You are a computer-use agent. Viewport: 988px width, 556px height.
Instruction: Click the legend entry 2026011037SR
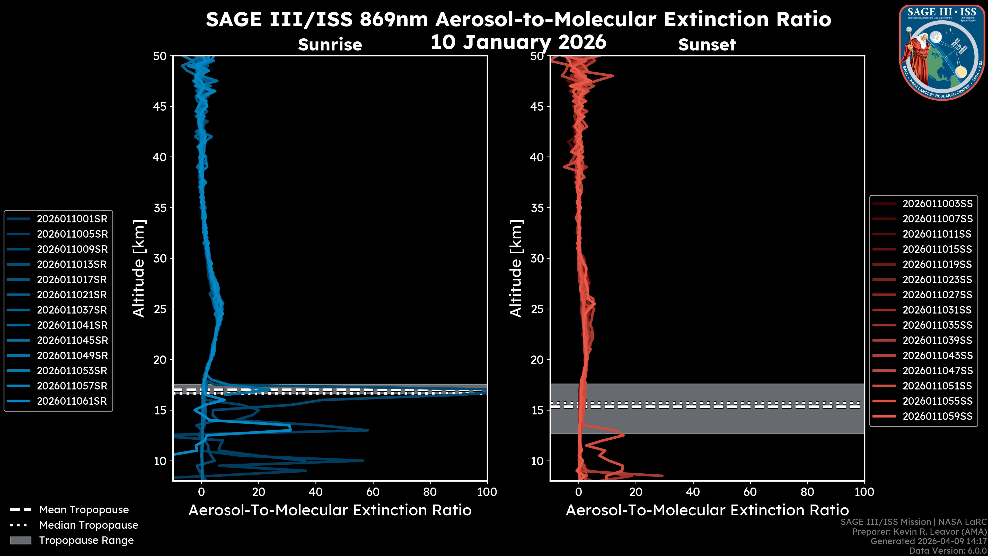72,310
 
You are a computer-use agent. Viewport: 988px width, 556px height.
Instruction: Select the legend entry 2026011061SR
72,401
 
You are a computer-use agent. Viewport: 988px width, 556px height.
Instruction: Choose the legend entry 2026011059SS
937,416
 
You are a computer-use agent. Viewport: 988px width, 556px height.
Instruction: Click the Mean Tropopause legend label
84,510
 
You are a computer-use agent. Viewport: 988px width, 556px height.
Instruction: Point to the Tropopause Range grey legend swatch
20,540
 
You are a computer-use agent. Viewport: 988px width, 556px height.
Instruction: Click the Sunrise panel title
330,45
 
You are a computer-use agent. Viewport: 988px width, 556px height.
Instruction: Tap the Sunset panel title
707,45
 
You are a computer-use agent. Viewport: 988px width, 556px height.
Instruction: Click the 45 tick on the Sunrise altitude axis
160,107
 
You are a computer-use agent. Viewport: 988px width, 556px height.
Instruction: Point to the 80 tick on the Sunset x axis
807,492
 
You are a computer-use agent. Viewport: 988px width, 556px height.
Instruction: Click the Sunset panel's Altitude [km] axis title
516,268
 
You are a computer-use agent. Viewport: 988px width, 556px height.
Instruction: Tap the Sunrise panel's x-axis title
330,510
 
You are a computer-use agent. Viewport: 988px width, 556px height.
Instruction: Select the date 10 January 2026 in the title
518,42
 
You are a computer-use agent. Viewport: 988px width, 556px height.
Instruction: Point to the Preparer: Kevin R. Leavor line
919,532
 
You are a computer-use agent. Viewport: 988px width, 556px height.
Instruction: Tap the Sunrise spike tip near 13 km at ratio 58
367,430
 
